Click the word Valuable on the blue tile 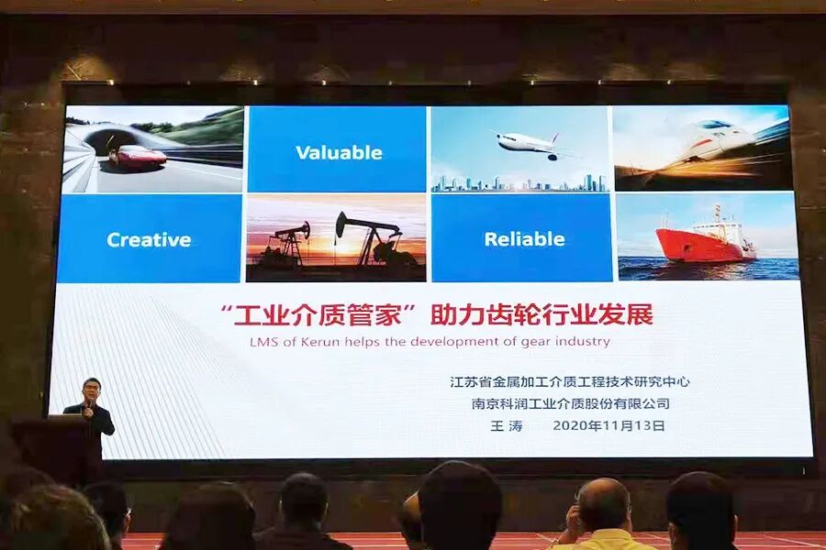(x=338, y=152)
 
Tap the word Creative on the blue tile (x=149, y=240)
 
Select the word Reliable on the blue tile (x=524, y=239)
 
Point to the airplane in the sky (x=528, y=143)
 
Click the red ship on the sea (x=705, y=241)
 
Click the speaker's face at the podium (x=90, y=389)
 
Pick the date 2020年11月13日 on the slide (x=608, y=425)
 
